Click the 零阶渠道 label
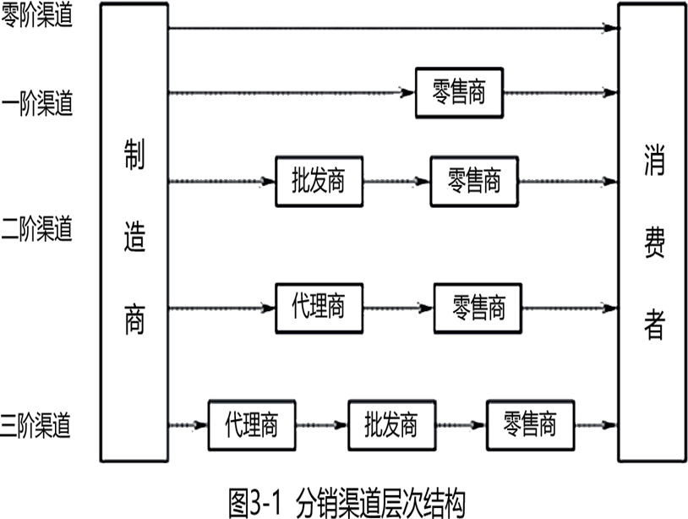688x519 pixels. pos(36,15)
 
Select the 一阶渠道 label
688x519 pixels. pos(37,103)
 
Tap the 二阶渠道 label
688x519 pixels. pos(36,228)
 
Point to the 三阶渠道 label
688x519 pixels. pos(35,425)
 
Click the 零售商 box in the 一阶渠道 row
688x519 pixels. pos(459,93)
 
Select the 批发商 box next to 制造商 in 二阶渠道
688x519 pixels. pos(319,181)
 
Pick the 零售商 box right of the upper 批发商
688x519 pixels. pos(474,181)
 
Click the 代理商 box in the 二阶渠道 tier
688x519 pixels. pos(319,309)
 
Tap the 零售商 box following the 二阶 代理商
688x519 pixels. pos(478,309)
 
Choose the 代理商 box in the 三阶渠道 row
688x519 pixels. pos(252,425)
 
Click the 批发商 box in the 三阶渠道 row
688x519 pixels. pos(392,425)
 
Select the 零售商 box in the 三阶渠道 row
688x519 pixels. pos(531,425)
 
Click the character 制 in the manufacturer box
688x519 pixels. pos(134,155)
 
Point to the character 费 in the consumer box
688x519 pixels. pos(654,243)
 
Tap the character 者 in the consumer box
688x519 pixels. pos(654,325)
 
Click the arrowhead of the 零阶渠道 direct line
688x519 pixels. pos(612,28)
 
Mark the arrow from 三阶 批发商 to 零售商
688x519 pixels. pos(461,425)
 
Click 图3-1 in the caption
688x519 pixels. pos(255,503)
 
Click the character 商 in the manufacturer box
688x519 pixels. pos(134,320)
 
